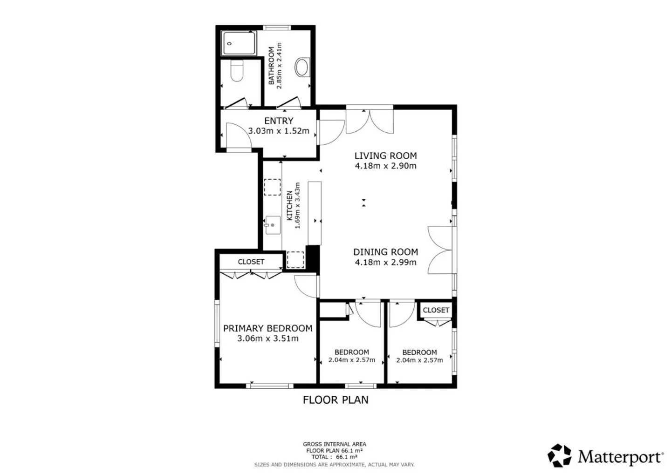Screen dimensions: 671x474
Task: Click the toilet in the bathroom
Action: pos(237,71)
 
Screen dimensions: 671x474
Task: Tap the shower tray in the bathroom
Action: pos(239,43)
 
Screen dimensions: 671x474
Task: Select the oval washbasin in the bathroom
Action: pos(302,67)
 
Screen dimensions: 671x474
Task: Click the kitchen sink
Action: pos(273,225)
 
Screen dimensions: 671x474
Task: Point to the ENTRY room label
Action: pos(279,121)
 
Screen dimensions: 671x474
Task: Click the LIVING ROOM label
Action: pos(385,156)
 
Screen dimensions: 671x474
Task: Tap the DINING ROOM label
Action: pos(385,252)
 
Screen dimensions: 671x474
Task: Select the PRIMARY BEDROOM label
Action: pos(268,328)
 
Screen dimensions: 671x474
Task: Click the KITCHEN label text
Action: pos(290,206)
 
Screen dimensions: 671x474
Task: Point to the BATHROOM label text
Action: pos(271,66)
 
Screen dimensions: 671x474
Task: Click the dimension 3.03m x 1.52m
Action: pos(279,131)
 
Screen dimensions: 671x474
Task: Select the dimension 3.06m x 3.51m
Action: pos(268,339)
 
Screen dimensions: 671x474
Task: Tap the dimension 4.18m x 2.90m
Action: pos(385,165)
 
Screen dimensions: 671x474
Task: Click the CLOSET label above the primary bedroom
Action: pos(251,262)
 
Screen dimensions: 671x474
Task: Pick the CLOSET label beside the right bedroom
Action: pos(436,310)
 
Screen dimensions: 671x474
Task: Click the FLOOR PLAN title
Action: pos(335,400)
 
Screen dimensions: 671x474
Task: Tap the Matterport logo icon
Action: pos(559,455)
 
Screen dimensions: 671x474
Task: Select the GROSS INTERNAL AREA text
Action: pos(334,444)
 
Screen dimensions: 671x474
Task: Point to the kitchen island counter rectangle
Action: pos(315,213)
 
